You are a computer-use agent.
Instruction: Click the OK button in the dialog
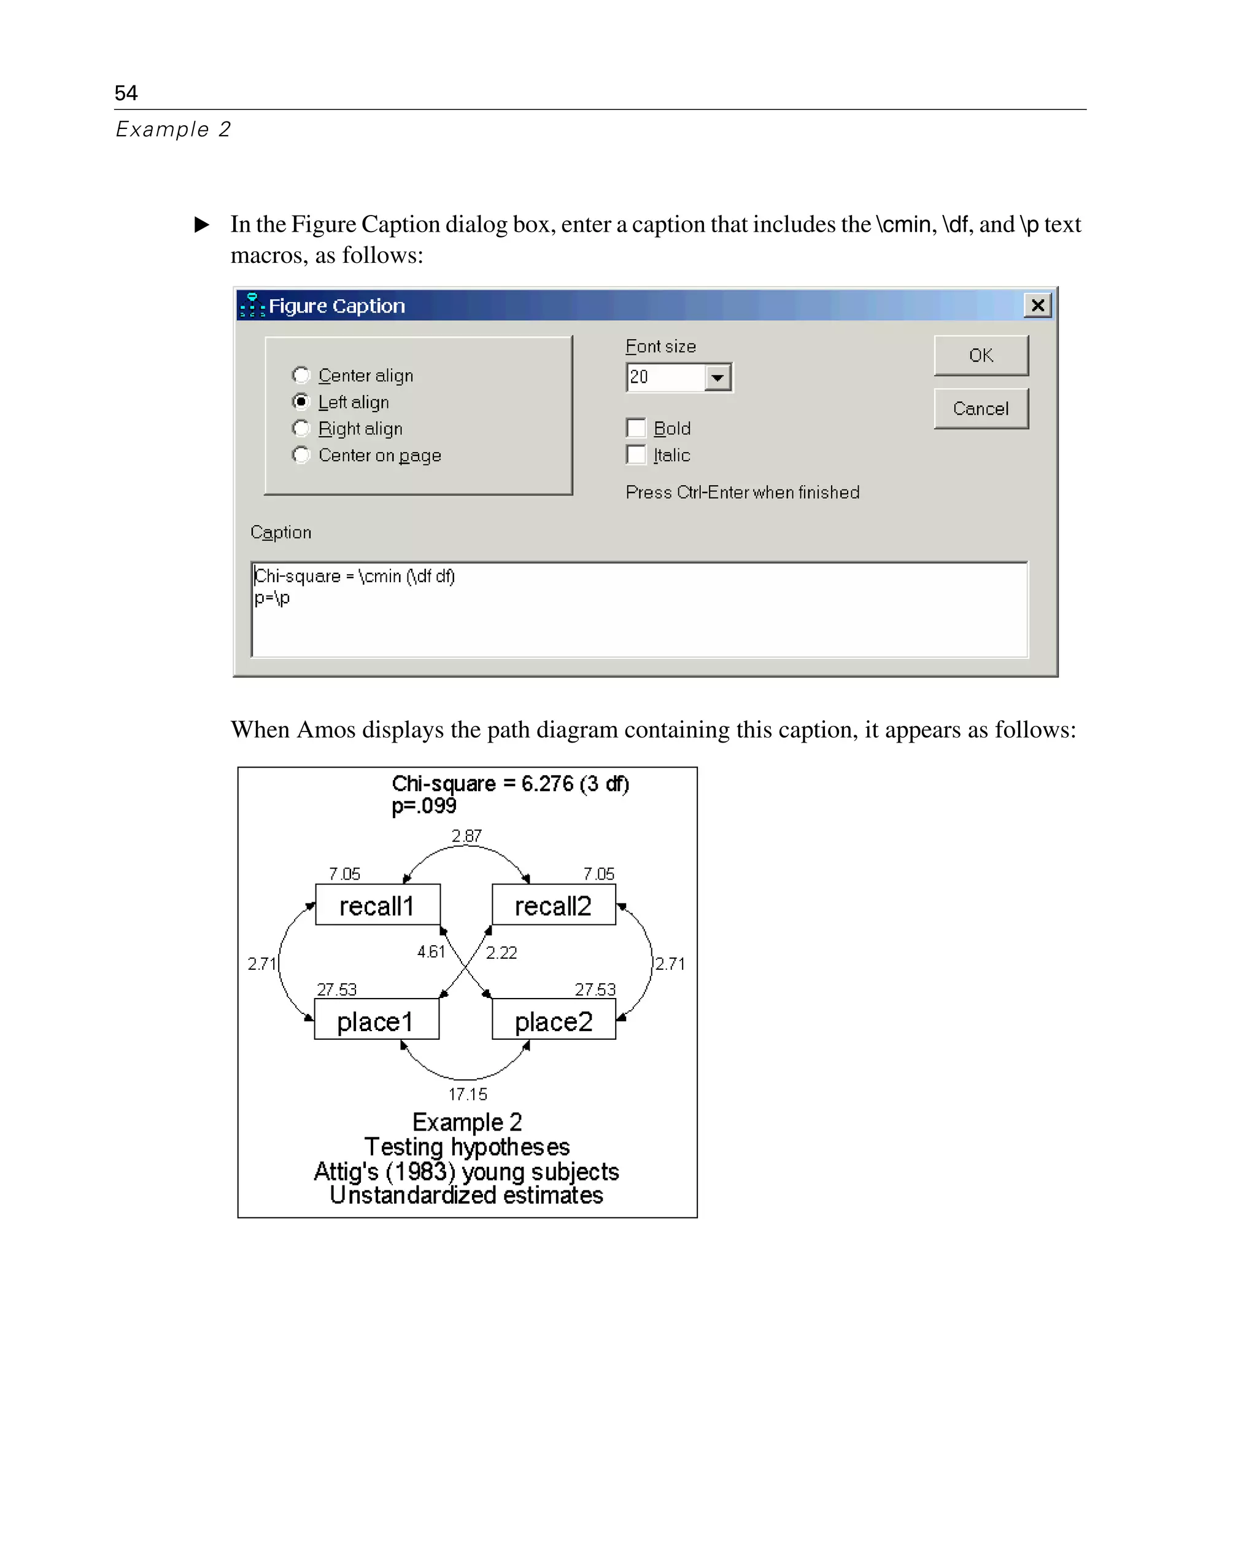point(980,355)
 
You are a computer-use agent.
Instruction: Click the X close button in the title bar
point(1037,305)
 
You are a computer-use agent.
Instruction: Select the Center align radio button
point(301,375)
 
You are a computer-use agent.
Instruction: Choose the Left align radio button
point(301,402)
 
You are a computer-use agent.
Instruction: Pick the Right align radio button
point(301,428)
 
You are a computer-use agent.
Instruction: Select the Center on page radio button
point(301,454)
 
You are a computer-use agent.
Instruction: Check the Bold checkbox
point(636,428)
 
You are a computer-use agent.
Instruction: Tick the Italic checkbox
point(636,454)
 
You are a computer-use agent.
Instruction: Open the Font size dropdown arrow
point(717,378)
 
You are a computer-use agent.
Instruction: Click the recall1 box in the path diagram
point(377,905)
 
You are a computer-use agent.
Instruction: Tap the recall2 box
point(553,905)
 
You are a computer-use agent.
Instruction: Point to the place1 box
point(376,1020)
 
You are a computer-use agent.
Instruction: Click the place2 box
point(553,1020)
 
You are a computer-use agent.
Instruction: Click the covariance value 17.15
point(468,1093)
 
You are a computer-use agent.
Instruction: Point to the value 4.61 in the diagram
point(431,951)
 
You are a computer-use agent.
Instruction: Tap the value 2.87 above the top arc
point(466,835)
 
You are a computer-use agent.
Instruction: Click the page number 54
point(126,93)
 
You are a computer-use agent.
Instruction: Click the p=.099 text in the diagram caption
point(424,806)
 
